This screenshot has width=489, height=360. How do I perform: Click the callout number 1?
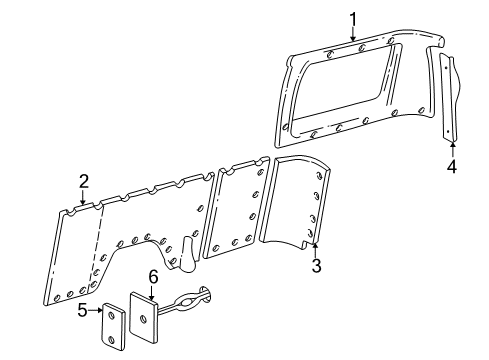(352, 17)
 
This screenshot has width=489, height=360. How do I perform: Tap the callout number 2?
(84, 181)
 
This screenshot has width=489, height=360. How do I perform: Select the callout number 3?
(316, 266)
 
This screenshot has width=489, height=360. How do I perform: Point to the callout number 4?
(451, 166)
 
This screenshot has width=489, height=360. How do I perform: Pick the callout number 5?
(82, 310)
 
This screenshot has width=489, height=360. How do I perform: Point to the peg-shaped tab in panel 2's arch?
(186, 256)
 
